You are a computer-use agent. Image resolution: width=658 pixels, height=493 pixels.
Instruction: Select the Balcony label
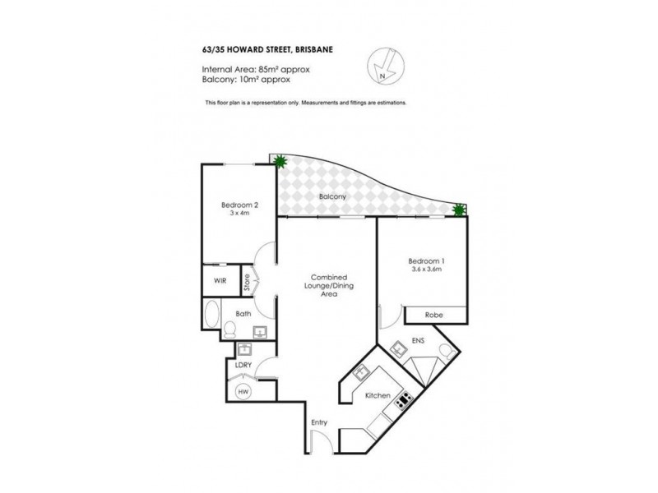tap(332, 197)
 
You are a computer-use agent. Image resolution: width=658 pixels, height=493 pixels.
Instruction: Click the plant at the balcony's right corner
tap(460, 211)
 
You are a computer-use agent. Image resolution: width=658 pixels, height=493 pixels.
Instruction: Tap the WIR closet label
tap(220, 281)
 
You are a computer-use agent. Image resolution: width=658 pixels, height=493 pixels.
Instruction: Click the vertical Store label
tap(246, 281)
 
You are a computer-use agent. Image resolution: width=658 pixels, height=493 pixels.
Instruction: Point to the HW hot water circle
tap(243, 393)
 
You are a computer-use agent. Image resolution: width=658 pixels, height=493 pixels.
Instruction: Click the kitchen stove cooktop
tap(403, 401)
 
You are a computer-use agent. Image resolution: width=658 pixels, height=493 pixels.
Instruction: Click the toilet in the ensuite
tap(445, 352)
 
